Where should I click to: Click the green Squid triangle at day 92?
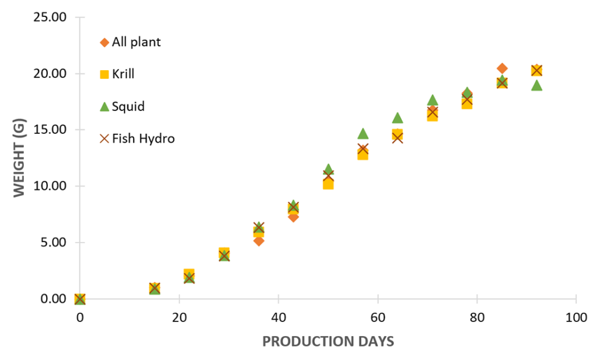[537, 86]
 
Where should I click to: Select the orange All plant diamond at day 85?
[502, 68]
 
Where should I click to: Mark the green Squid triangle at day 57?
[363, 134]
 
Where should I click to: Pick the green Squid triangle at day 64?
[398, 118]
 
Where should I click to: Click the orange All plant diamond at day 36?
[259, 241]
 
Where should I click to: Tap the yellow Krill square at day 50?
[328, 184]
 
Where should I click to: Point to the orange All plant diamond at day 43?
[293, 217]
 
